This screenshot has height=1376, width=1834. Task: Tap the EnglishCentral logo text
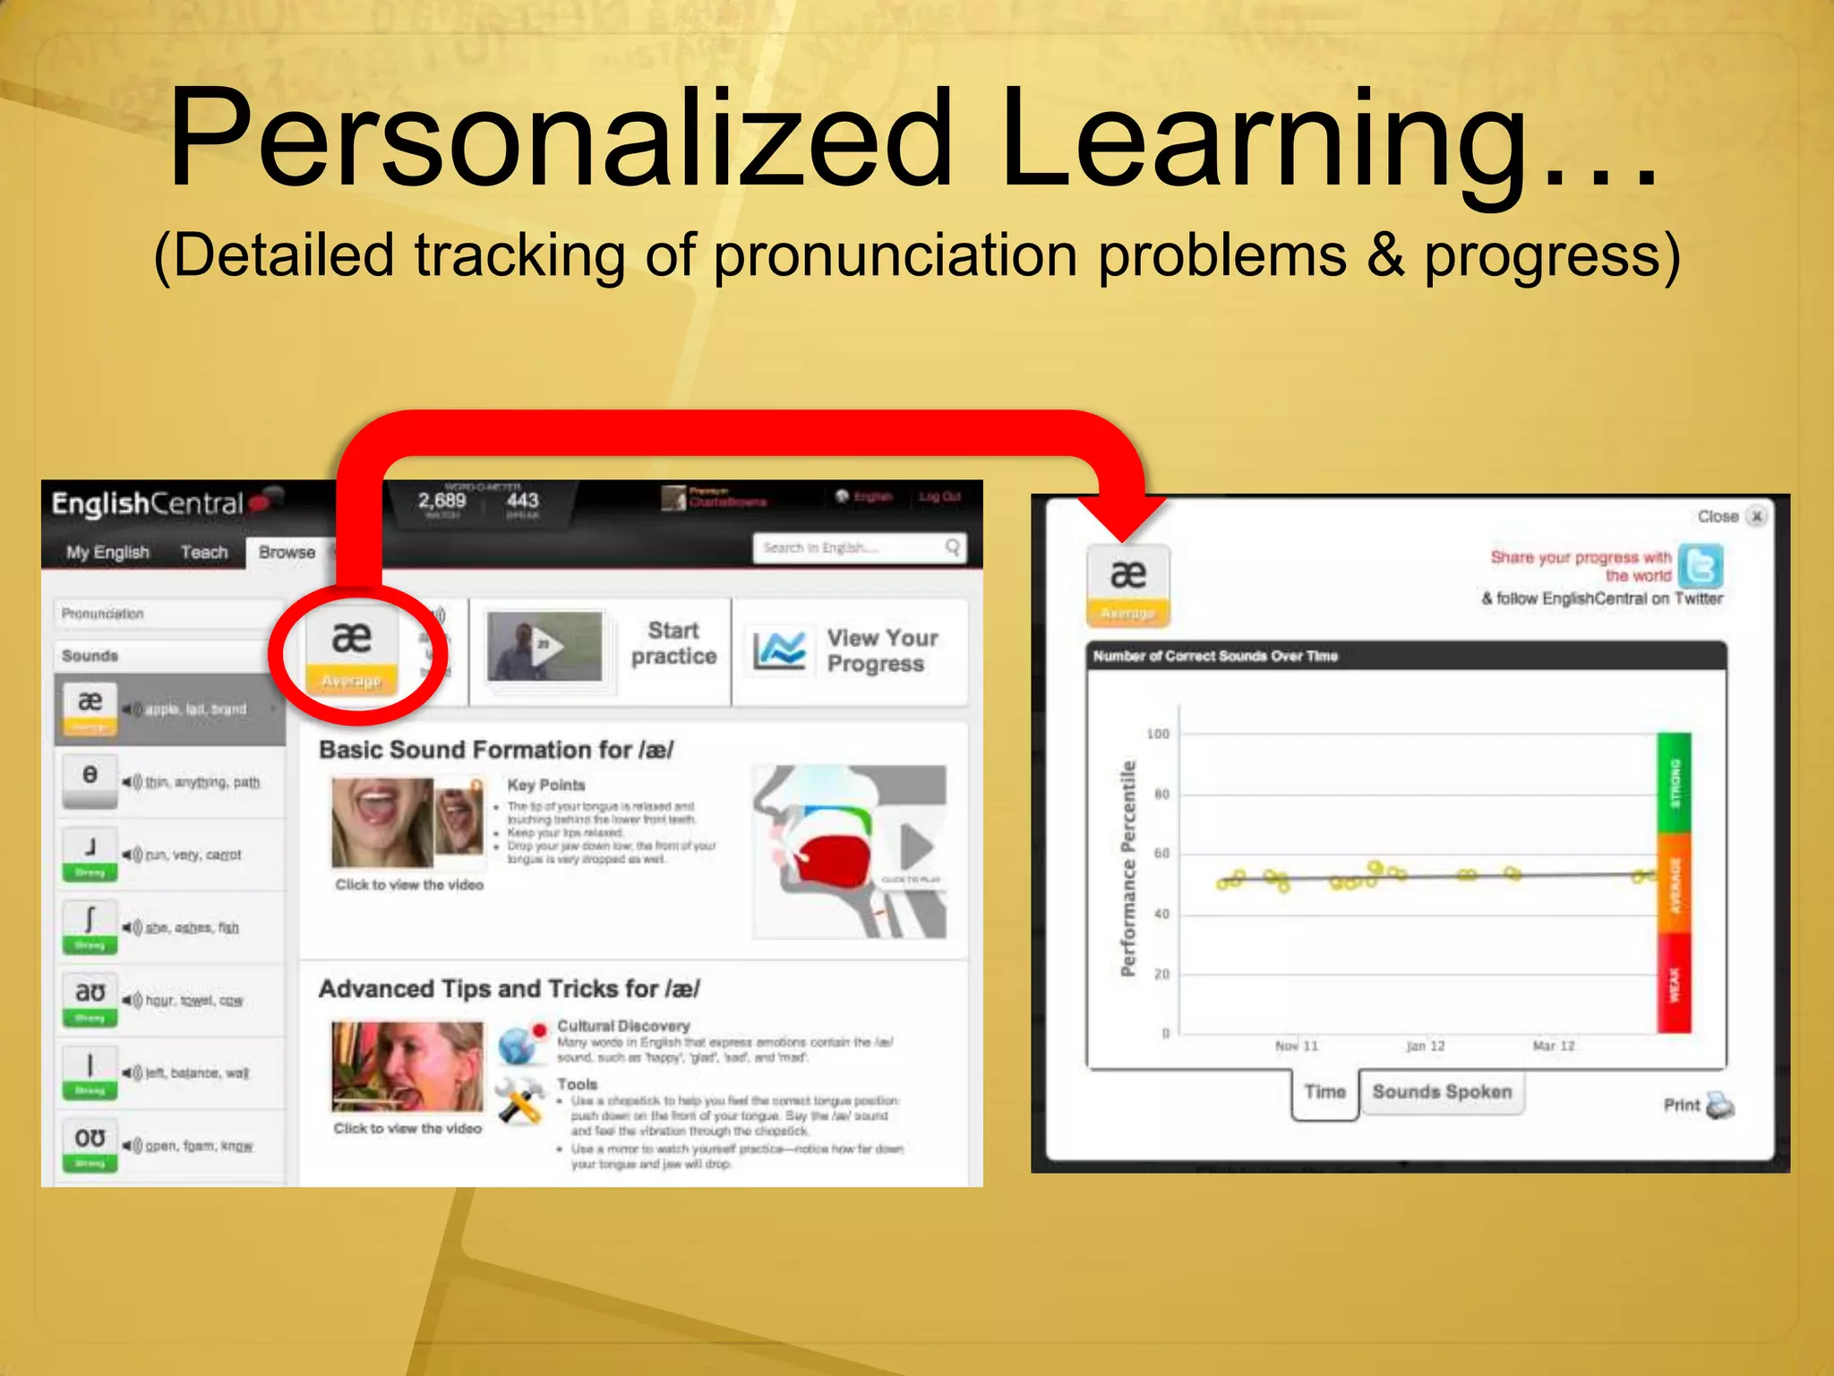(x=148, y=504)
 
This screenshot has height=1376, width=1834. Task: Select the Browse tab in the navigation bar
(x=287, y=552)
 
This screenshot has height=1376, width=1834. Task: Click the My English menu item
(x=107, y=552)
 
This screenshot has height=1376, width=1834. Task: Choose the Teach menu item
(x=204, y=552)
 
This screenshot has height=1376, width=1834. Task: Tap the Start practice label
(x=673, y=643)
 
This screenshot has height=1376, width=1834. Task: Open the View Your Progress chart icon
(x=778, y=650)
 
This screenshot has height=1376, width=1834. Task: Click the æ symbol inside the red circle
(x=351, y=638)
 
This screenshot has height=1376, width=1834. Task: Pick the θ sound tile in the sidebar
(x=90, y=775)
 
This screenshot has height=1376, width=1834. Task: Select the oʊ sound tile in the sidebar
(x=90, y=1139)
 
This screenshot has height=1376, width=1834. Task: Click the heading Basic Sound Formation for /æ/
(x=496, y=750)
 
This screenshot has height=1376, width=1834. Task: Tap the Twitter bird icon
(x=1700, y=566)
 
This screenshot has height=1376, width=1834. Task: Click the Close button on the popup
(x=1756, y=516)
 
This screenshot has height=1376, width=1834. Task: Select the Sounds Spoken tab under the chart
(x=1442, y=1092)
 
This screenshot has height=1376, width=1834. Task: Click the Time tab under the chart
(x=1324, y=1092)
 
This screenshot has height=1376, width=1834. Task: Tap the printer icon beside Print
(x=1720, y=1105)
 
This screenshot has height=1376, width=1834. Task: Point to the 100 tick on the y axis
(x=1158, y=734)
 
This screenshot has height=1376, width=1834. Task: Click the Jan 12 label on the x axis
(x=1426, y=1045)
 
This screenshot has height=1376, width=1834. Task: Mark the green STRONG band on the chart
(x=1674, y=784)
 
